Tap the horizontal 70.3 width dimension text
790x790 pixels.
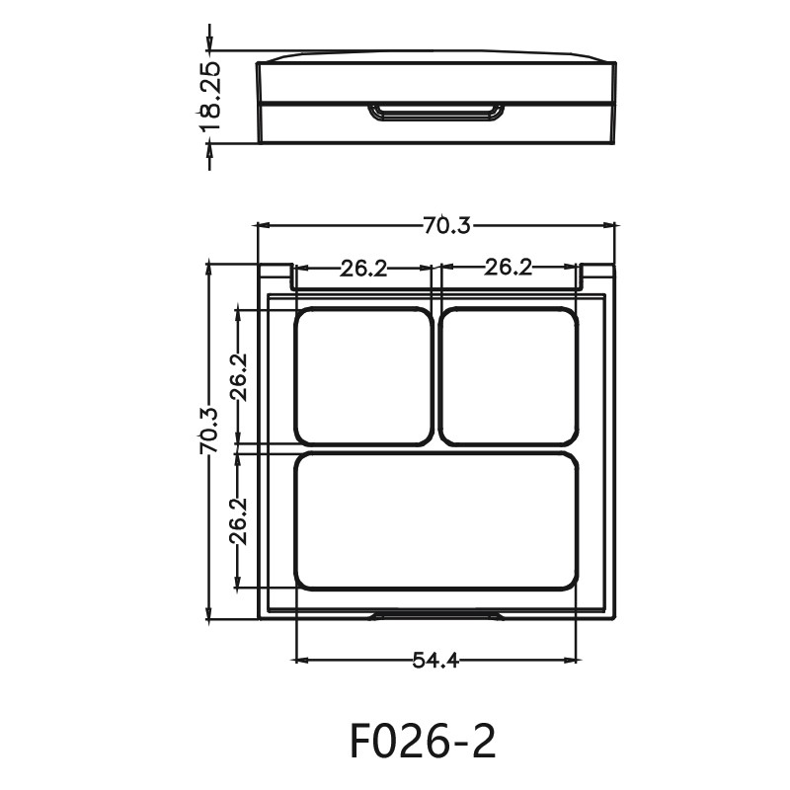tap(446, 225)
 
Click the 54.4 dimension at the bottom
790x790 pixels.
tap(435, 660)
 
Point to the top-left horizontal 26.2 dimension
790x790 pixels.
tap(363, 268)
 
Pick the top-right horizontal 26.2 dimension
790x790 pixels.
tap(509, 267)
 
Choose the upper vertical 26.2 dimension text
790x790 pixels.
tap(238, 377)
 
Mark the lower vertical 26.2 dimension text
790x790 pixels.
tap(238, 520)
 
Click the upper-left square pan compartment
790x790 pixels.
tap(363, 376)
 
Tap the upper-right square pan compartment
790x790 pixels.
tap(509, 376)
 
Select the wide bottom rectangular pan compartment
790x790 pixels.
tap(435, 520)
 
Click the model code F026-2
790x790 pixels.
tap(422, 740)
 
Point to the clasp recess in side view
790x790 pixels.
tap(435, 113)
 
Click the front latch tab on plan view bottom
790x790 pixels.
tap(435, 615)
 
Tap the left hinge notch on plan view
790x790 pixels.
tap(276, 276)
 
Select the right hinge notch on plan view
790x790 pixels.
tap(596, 276)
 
